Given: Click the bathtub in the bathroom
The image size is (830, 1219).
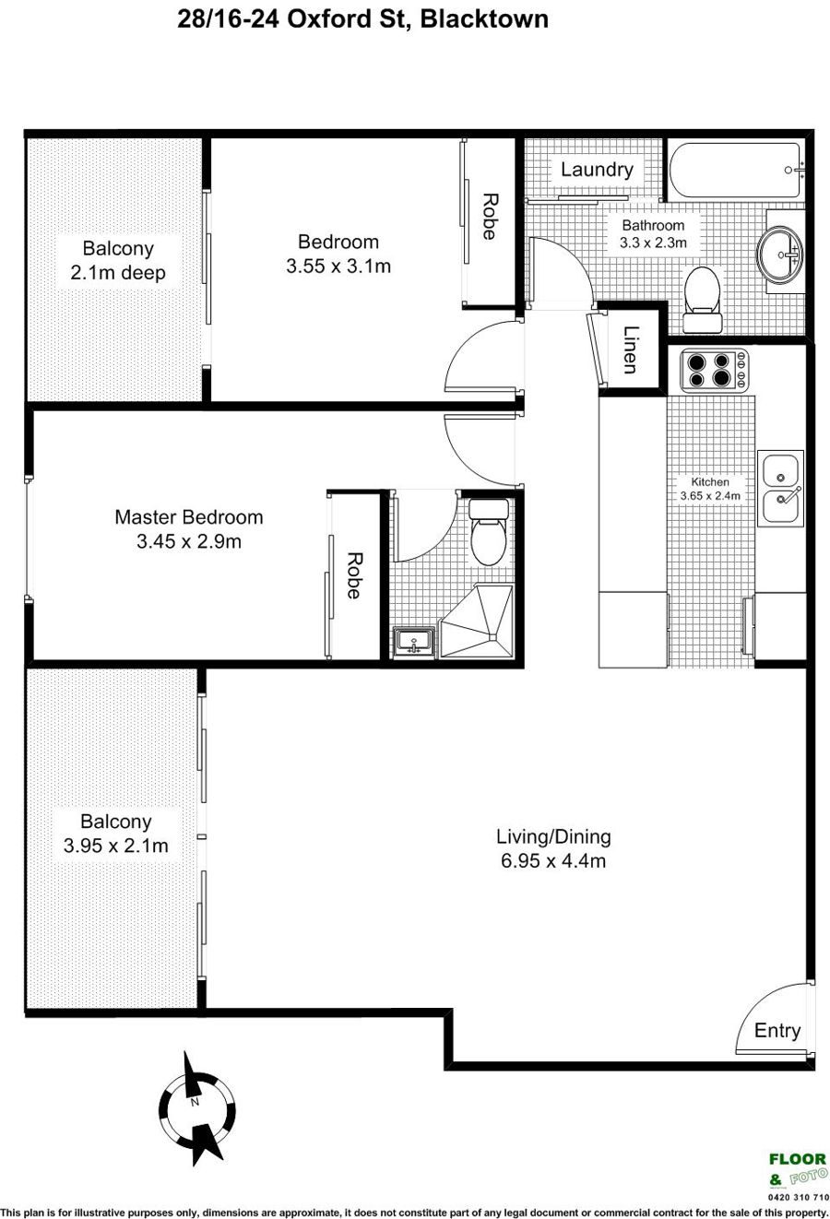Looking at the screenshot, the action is pos(735,171).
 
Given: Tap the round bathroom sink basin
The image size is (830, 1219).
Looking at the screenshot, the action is pos(779,253).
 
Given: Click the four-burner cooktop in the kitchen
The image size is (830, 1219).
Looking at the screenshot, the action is pos(715,370).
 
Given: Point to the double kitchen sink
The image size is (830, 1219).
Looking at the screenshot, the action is pos(780,488).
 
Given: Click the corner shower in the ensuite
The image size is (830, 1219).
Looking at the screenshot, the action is pos(477,621).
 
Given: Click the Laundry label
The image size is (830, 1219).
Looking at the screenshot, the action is pos(597,170).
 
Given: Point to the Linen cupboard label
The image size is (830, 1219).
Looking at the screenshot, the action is pos(630,349).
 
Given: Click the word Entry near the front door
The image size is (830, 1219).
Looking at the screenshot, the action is pos(777,1030).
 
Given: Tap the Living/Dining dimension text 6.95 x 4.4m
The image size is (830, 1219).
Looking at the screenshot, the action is pos(553,860).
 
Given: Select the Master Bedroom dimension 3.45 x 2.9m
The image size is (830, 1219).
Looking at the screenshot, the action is pos(189,541).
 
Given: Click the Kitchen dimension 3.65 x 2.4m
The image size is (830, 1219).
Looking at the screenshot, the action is pos(710,495).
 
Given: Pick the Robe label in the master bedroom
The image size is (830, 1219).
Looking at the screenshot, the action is pos(354,575).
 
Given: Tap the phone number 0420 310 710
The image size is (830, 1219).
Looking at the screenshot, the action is pos(799,1197).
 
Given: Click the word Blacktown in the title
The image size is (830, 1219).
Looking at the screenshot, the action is pos(484,19).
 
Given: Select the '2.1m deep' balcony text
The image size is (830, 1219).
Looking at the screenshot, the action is pos(117,272).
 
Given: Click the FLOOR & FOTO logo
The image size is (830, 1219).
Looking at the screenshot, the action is pos(798,1169).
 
